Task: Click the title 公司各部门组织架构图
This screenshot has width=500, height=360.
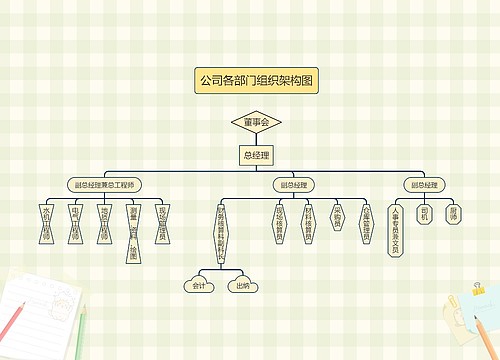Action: coord(256,81)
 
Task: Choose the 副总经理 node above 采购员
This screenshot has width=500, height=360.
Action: coord(292,185)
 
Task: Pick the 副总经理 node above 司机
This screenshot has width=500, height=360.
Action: coord(422,185)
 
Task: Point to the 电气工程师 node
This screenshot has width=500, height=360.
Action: coord(74,223)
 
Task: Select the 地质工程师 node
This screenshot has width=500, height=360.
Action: coord(103,223)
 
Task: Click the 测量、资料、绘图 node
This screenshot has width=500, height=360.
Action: coord(133,229)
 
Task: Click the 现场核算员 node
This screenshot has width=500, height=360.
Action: coord(278,223)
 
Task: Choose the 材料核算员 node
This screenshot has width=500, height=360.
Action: coord(308,223)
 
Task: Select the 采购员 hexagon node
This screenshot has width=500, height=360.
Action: coord(337,219)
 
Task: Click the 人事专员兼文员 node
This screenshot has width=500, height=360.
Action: coord(395,231)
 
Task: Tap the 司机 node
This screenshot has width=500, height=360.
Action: coord(425,214)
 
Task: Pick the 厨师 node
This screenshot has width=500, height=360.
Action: coord(454,214)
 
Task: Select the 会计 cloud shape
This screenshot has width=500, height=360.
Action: coord(199,286)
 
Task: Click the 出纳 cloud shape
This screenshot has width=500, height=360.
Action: coord(242,286)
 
